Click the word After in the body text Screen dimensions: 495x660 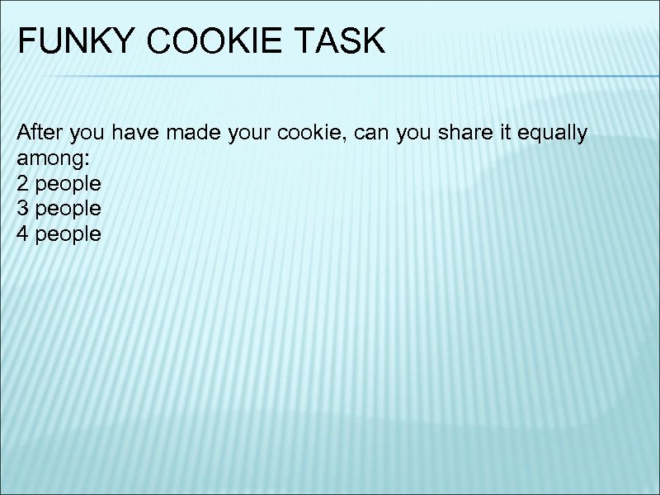(38, 132)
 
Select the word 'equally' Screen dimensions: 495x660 (549, 134)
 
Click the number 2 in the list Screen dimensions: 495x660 (22, 183)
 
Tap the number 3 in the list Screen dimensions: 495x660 (22, 209)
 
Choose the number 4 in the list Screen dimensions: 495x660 (22, 233)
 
